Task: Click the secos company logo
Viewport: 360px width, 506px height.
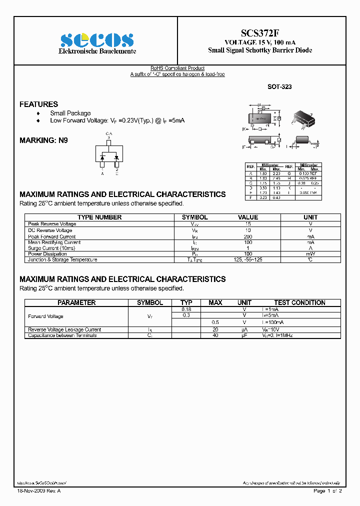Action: pyautogui.click(x=97, y=40)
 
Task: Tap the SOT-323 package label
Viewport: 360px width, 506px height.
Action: pyautogui.click(x=279, y=86)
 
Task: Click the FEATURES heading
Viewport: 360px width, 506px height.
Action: pyautogui.click(x=38, y=104)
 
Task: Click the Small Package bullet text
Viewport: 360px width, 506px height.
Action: pyautogui.click(x=70, y=113)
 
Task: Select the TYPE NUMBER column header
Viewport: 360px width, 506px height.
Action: pyautogui.click(x=99, y=217)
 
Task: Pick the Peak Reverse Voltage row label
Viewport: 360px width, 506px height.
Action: pyautogui.click(x=52, y=224)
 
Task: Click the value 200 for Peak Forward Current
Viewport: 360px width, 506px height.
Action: pyautogui.click(x=248, y=236)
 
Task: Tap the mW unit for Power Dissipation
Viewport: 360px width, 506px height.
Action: pyautogui.click(x=310, y=254)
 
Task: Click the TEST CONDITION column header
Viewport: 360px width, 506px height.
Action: pyautogui.click(x=299, y=302)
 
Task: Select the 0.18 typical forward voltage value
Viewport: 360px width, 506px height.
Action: pyautogui.click(x=186, y=309)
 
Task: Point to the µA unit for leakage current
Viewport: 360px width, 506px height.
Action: pyautogui.click(x=244, y=329)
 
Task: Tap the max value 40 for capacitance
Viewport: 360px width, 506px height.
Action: pyautogui.click(x=215, y=335)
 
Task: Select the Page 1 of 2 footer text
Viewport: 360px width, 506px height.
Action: pyautogui.click(x=327, y=491)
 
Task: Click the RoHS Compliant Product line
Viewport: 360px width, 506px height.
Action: pyautogui.click(x=177, y=68)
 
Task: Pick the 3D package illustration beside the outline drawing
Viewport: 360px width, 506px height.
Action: pyautogui.click(x=302, y=118)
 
